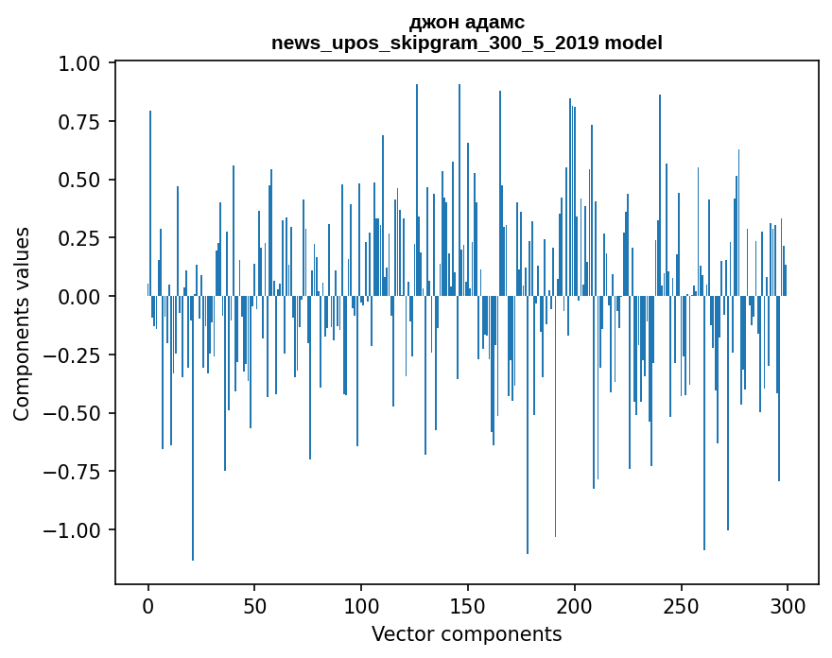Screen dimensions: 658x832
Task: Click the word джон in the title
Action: pyautogui.click(x=430, y=22)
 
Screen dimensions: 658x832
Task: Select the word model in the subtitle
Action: pyautogui.click(x=633, y=43)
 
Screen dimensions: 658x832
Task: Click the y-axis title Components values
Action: pyautogui.click(x=22, y=323)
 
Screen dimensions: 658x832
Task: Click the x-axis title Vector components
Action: pyautogui.click(x=466, y=633)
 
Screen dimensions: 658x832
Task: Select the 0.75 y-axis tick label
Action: pyautogui.click(x=80, y=122)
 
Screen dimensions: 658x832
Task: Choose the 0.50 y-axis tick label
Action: pyautogui.click(x=80, y=180)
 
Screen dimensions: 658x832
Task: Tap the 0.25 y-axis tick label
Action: pyautogui.click(x=80, y=238)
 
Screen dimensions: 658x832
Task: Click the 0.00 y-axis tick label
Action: pyautogui.click(x=80, y=297)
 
